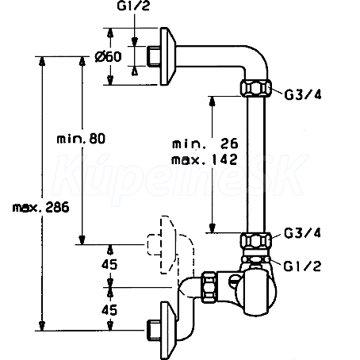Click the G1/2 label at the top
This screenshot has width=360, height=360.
point(133,6)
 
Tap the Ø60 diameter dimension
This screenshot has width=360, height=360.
point(109,56)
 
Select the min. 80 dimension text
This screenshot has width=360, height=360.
point(81,139)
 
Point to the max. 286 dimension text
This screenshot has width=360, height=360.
point(41,208)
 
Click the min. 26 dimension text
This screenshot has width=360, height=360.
point(205,144)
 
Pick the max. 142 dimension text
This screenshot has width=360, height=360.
point(205,159)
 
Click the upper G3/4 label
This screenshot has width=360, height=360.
point(303,94)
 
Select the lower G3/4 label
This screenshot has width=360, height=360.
point(303,233)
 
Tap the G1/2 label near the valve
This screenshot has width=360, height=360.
point(302,266)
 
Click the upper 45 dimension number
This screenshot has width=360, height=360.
point(109,264)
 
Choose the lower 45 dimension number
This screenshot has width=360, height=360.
point(109,310)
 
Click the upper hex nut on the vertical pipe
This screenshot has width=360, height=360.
point(256,88)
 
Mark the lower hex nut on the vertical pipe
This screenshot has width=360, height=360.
point(256,240)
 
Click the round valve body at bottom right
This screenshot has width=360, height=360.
point(256,293)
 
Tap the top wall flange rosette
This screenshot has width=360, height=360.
point(167,56)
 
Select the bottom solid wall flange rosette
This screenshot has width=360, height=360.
point(167,331)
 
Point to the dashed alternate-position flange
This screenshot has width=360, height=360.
point(167,245)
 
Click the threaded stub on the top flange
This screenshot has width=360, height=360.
point(154,56)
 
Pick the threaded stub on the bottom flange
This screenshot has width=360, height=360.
point(154,331)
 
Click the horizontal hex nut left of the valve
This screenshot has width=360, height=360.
point(209,287)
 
